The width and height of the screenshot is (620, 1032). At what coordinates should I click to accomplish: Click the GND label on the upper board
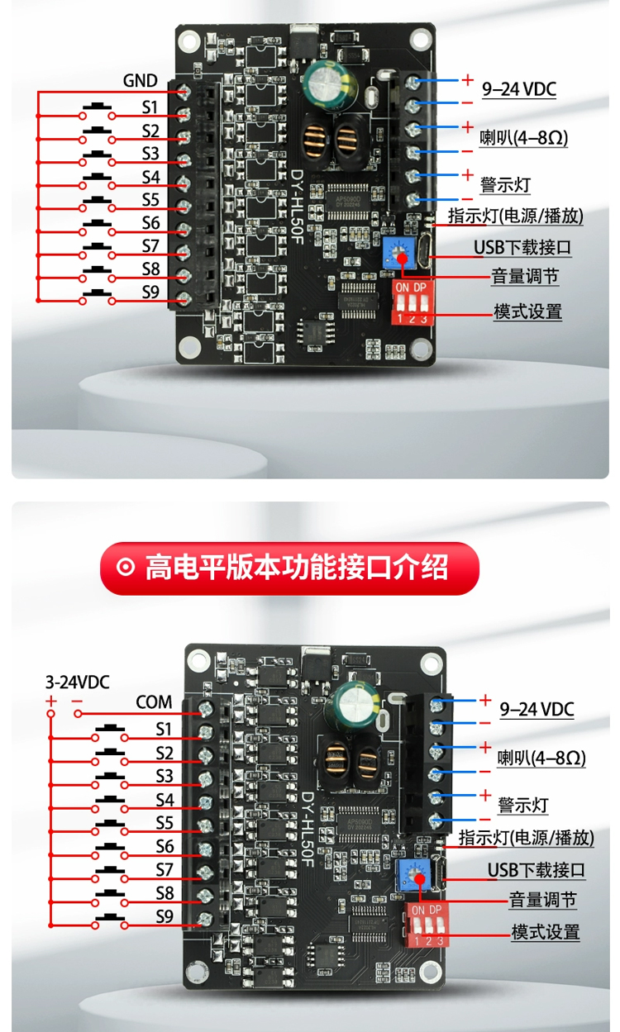click(x=140, y=81)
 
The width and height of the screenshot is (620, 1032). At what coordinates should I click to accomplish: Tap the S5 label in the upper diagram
click(x=150, y=200)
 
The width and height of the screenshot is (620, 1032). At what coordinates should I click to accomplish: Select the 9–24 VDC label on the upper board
click(x=518, y=88)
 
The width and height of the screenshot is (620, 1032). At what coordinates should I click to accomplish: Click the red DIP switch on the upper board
click(x=410, y=302)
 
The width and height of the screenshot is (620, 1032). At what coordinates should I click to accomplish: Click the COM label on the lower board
click(x=155, y=702)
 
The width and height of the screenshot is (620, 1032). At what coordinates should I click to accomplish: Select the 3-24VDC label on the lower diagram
click(x=77, y=682)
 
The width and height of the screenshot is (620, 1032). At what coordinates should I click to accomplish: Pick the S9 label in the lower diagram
click(x=165, y=916)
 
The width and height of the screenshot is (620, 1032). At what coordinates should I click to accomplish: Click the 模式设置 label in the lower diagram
click(x=546, y=932)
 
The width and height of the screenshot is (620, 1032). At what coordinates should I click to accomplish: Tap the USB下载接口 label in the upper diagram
click(x=522, y=247)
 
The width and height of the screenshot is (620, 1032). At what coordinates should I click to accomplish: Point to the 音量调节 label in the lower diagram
click(x=542, y=900)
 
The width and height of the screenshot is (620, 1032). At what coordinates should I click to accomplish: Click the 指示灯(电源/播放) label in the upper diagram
click(x=515, y=216)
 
